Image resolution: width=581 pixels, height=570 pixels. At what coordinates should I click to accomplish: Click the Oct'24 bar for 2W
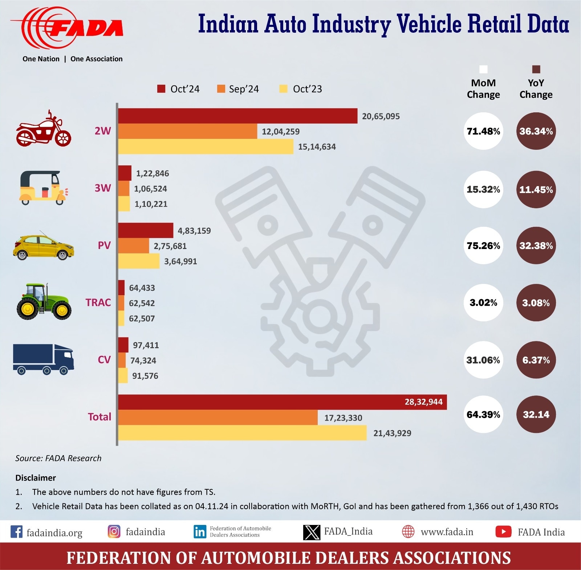[x=237, y=116]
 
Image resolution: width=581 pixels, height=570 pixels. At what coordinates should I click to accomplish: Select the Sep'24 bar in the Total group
[x=218, y=417]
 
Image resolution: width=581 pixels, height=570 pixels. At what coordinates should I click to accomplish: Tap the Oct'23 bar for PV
[x=139, y=261]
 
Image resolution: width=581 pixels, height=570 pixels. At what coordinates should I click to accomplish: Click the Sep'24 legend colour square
[x=221, y=89]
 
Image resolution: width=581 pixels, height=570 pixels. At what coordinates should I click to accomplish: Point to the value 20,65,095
[x=381, y=116]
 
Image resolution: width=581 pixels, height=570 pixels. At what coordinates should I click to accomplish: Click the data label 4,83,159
[x=194, y=231]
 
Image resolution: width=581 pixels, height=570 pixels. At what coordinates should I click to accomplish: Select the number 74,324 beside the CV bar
[x=143, y=361]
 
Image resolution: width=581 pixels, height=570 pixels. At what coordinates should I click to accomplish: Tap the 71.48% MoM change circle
[x=483, y=131]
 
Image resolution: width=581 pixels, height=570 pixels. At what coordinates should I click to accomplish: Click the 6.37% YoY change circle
[x=536, y=360]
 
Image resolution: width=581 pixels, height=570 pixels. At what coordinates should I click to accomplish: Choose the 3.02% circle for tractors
[x=483, y=303]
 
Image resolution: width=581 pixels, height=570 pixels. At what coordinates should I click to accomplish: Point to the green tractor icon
[x=44, y=302]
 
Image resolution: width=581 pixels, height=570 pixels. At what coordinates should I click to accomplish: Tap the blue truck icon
[x=44, y=359]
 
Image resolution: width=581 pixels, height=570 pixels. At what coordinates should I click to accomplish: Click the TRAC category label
[x=98, y=302]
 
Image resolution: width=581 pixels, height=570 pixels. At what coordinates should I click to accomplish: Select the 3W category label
[x=103, y=188]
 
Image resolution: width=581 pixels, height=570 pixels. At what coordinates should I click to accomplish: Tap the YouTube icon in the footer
[x=503, y=531]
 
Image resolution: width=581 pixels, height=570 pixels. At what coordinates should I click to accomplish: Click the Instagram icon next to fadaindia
[x=114, y=531]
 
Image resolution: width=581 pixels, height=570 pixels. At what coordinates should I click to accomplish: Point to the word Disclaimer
[x=36, y=478]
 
